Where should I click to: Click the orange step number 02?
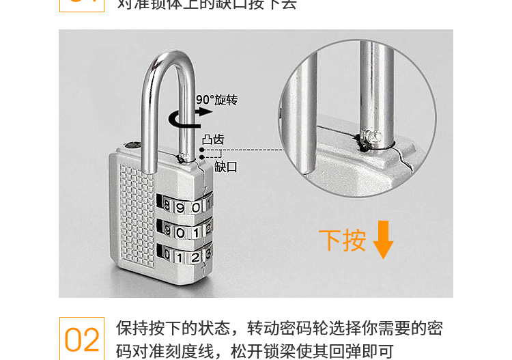[x=82, y=340]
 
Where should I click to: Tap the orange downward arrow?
[x=383, y=239]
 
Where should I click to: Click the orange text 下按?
[x=343, y=240]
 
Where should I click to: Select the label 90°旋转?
[x=217, y=100]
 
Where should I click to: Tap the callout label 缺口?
[x=226, y=167]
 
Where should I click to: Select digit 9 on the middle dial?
[x=167, y=231]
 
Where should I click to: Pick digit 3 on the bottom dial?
[x=208, y=256]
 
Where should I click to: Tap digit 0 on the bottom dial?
[x=167, y=258]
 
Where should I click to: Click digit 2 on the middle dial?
[x=208, y=230]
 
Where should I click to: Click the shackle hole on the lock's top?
[x=131, y=145]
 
